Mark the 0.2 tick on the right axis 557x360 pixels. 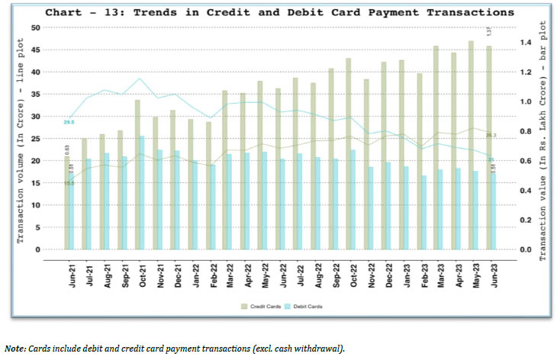click(x=524, y=220)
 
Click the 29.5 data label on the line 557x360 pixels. click(x=69, y=122)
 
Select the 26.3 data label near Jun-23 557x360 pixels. click(x=491, y=135)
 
